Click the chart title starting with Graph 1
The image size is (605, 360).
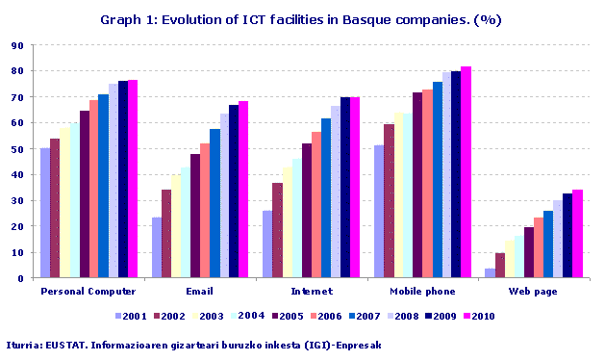301,19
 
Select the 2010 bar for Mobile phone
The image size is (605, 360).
466,172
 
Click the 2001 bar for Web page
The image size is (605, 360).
490,273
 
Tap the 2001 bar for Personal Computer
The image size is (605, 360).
45,213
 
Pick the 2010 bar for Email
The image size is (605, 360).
243,190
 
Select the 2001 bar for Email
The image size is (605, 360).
157,247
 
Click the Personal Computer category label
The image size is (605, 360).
88,290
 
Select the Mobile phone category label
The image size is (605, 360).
422,290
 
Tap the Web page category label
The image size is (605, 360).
533,290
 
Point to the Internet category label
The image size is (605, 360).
311,290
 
